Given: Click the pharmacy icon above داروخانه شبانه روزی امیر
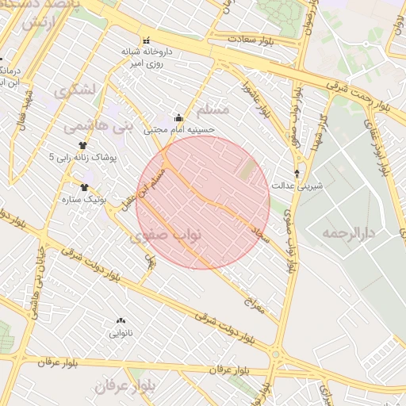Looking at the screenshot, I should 145,40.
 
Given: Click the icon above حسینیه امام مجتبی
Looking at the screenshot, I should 178,118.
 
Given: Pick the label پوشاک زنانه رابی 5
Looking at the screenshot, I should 82,157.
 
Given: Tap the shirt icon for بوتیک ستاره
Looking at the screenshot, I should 84,187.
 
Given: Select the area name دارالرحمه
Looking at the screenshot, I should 347,233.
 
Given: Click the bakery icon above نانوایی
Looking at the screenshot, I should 121,321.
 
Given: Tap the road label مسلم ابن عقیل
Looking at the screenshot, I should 145,188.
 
